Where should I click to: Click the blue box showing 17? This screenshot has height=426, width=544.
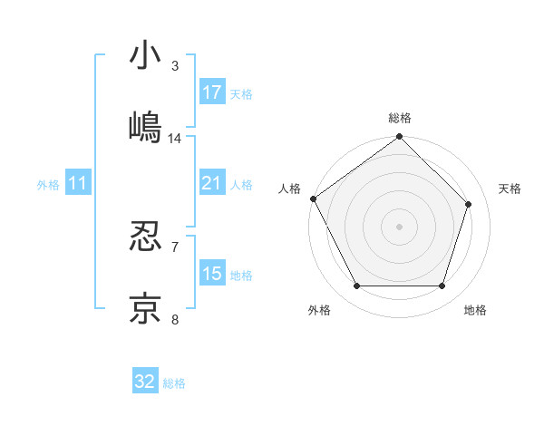coord(212,92)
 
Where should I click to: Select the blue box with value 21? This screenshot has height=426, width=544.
coord(212,184)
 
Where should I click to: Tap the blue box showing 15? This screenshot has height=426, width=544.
coord(212,275)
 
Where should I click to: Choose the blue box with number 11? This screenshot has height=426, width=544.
coord(77,184)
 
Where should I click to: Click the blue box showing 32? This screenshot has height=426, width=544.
coord(145,382)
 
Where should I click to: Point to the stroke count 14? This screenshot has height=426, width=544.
coord(175,139)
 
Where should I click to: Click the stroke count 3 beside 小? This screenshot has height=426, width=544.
coord(175,66)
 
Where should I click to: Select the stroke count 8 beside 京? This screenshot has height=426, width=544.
coord(175,318)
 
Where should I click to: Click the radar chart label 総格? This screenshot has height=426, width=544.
coord(400,118)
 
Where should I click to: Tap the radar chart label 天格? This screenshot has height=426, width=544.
coord(510,189)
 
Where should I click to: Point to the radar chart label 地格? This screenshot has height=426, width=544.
coord(475,310)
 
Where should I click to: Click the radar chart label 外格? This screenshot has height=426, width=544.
coord(319,310)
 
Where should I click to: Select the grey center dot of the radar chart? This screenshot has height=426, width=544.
coord(400,226)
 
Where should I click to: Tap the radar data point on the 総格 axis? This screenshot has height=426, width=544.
coord(400,138)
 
